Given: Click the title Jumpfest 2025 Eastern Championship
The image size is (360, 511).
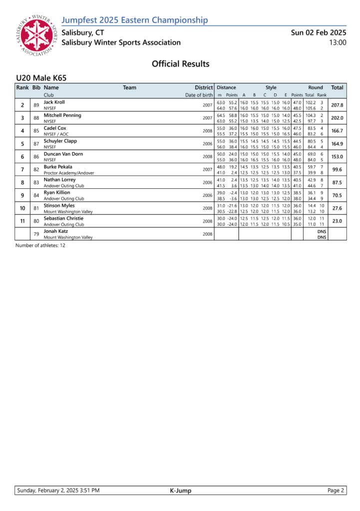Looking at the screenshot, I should click(x=134, y=20).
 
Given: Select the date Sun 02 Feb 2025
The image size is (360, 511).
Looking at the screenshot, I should click(x=319, y=32).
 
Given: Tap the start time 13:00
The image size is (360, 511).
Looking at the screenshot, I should click(x=338, y=42).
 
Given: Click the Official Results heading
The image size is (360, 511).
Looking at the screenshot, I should click(x=180, y=64).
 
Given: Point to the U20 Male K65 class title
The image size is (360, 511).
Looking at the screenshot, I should click(x=41, y=78).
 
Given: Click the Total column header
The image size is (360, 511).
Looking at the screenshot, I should click(x=337, y=87).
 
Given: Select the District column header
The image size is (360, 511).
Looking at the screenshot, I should click(x=204, y=87).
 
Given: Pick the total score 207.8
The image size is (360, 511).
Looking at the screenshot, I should click(x=337, y=105).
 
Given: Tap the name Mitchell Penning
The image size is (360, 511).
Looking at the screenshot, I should click(x=62, y=115).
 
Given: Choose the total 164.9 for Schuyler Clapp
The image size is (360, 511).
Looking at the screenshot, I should click(x=337, y=144).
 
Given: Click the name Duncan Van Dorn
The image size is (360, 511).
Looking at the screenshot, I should click(x=63, y=154).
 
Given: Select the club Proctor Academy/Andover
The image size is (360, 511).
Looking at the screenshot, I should click(x=69, y=173).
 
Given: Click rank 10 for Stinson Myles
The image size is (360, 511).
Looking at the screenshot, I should click(x=22, y=208).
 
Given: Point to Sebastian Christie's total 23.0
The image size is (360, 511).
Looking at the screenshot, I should click(x=337, y=221).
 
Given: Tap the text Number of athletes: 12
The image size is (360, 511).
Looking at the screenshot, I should click(x=40, y=245).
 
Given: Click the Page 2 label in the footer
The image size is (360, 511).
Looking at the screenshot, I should click(x=336, y=491).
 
